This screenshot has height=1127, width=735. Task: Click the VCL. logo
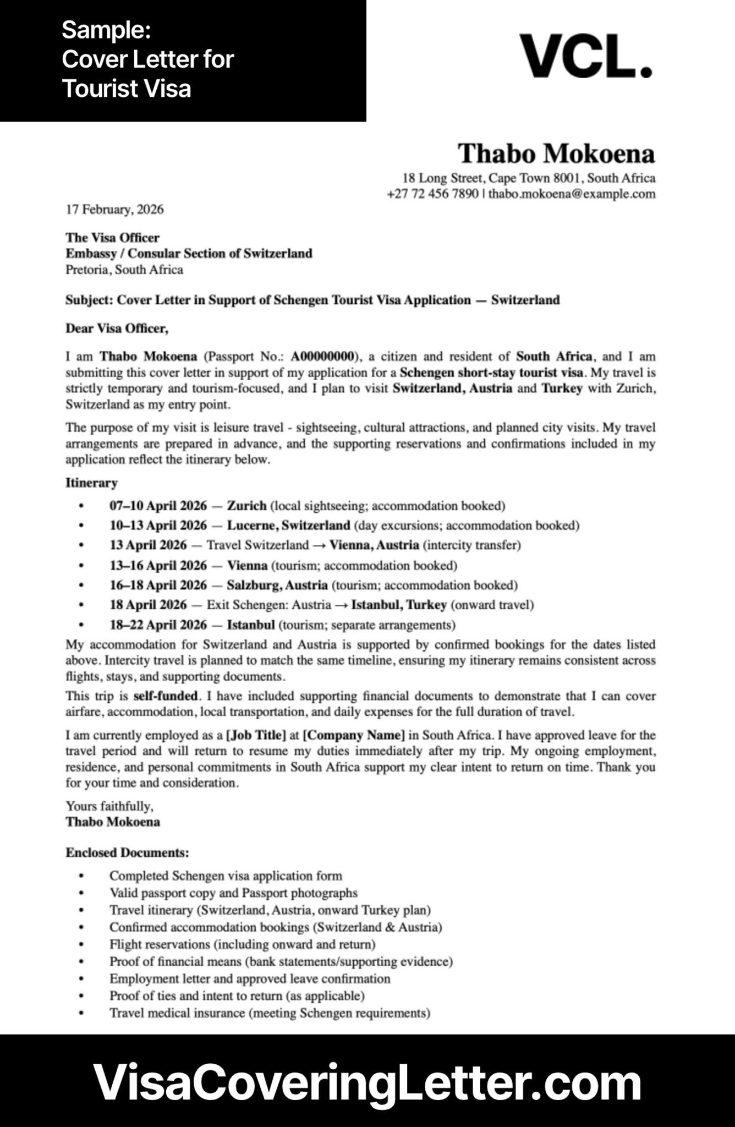point(586,56)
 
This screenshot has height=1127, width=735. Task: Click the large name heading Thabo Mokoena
point(556,154)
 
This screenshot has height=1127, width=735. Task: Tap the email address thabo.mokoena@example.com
point(572,194)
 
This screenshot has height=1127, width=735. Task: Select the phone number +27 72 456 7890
point(432,194)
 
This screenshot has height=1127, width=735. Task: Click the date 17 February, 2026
point(114,209)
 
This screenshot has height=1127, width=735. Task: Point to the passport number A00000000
point(322,356)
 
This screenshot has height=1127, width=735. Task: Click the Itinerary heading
point(91,483)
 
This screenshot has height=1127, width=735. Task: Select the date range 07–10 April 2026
point(158,506)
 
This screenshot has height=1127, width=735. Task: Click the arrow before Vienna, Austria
point(319,545)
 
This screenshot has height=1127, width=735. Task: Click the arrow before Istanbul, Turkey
point(341,605)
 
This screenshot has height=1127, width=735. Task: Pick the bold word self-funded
point(165,696)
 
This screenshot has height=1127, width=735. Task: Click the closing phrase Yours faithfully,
point(109,806)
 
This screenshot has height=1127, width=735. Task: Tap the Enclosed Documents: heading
point(127,852)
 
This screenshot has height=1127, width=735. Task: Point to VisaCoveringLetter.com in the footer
point(367,1082)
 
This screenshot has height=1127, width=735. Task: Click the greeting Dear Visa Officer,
point(117,329)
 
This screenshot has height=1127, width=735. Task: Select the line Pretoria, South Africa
point(124,270)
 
